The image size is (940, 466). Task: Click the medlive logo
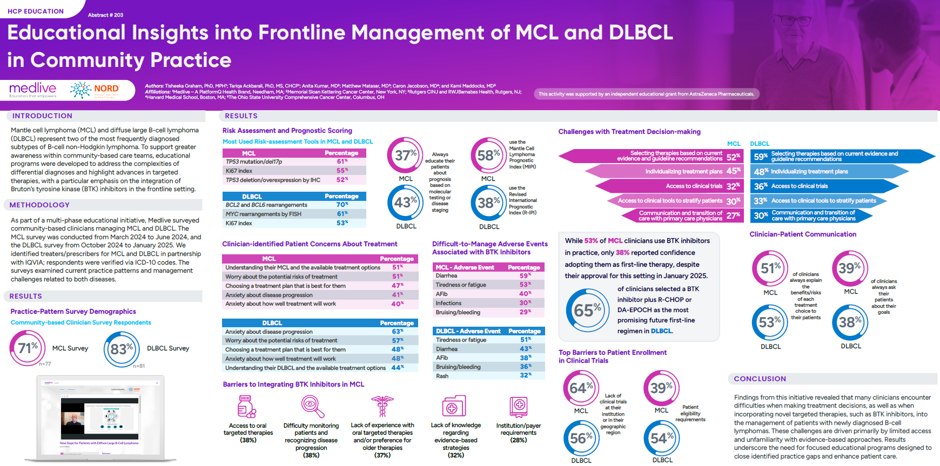32,90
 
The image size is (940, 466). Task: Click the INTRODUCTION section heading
42,116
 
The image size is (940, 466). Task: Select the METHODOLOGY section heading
39,205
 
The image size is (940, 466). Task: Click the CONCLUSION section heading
760,379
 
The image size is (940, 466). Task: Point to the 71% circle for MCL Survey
28,348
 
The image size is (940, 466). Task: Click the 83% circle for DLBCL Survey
122,349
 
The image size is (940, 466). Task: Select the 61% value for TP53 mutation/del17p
343,161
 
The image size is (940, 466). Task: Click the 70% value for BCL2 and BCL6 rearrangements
342,205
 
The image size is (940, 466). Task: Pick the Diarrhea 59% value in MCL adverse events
525,275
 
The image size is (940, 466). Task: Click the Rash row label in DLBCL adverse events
442,376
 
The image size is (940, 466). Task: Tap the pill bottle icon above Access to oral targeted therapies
247,407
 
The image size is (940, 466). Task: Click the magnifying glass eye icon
312,406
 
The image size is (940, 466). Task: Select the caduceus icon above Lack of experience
382,406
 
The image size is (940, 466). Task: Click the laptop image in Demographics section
101,418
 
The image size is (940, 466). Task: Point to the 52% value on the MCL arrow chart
733,157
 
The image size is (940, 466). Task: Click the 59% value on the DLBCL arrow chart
761,157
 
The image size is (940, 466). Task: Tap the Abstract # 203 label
105,15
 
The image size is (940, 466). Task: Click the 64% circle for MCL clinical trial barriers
581,388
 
